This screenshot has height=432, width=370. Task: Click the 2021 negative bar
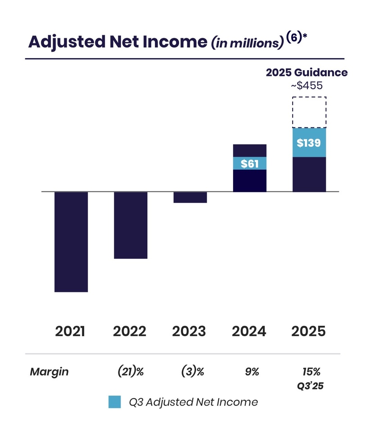(x=71, y=242)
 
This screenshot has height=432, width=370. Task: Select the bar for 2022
(x=131, y=225)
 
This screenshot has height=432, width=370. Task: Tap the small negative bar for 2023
(x=190, y=197)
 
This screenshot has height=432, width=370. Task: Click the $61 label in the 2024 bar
(x=250, y=163)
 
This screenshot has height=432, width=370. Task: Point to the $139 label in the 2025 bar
(x=309, y=143)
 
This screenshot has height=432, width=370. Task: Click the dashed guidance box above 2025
(x=309, y=112)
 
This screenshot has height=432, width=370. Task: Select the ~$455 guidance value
(x=307, y=85)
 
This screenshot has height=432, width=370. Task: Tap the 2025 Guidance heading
(x=307, y=72)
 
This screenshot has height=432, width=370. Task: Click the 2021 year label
(x=70, y=332)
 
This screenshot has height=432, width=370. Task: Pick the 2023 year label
(x=189, y=332)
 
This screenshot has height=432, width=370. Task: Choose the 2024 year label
(x=249, y=332)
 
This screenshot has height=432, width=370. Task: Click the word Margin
(x=49, y=372)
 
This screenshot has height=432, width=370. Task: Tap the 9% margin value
(x=253, y=372)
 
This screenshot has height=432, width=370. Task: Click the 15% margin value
(x=311, y=372)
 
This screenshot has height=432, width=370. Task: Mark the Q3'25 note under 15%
(x=311, y=386)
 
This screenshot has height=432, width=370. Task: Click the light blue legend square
(x=115, y=402)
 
